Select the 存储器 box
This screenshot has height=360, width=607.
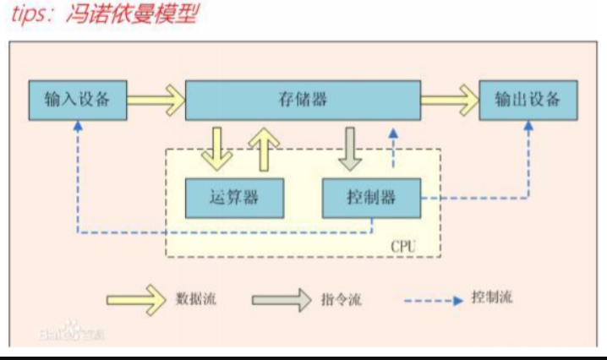point(303,101)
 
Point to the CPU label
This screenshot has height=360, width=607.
point(403,246)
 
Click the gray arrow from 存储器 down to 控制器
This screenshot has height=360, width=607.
point(350,148)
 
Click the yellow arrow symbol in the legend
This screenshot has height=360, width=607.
point(135,298)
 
